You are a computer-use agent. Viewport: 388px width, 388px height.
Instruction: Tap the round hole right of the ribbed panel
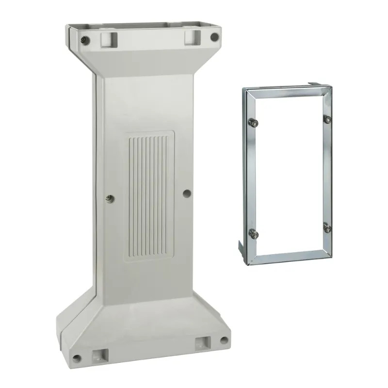coord(187,194)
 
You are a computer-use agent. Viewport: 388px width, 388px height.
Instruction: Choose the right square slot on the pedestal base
coord(202,345)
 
